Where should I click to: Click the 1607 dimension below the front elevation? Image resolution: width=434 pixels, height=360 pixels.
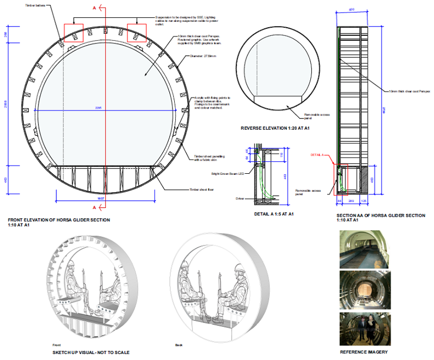100,198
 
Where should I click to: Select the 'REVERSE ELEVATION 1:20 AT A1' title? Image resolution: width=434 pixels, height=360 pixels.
275,129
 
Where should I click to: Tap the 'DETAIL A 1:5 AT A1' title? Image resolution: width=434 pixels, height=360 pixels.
274,214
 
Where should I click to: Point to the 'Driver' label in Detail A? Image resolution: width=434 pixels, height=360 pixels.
240,199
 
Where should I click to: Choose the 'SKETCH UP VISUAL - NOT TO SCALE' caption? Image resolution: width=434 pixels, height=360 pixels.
91,352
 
